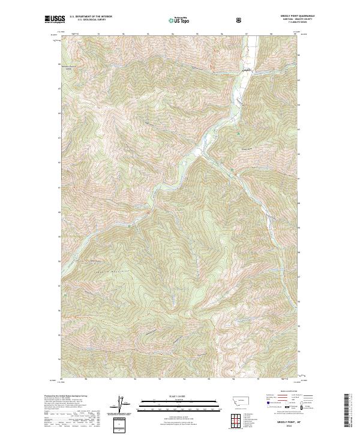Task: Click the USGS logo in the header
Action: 55,19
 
